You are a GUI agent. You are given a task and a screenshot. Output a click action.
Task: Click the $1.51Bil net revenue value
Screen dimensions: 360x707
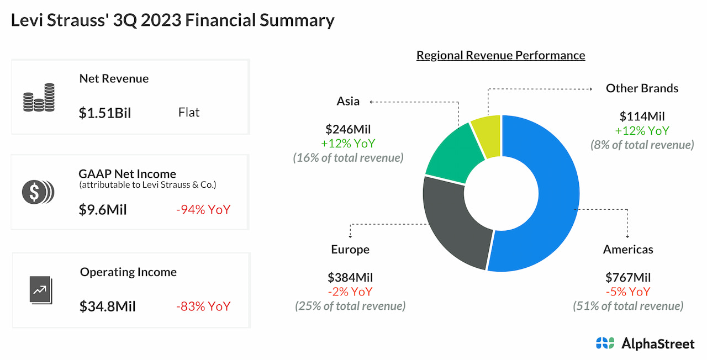[105, 113]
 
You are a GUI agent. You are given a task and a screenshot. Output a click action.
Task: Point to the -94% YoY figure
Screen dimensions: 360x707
[203, 210]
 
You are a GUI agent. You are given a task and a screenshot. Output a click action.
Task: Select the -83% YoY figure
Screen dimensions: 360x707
[203, 306]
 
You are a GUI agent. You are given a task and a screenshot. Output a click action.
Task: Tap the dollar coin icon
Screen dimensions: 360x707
[38, 192]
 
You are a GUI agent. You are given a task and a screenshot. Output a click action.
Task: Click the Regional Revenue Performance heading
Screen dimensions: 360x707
[500, 55]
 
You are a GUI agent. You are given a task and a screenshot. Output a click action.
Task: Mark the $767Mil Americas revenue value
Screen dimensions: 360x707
[628, 278]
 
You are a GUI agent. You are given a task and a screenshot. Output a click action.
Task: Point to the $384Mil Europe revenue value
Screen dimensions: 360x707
[350, 278]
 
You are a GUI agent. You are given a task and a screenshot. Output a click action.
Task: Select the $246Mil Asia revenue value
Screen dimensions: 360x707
[348, 130]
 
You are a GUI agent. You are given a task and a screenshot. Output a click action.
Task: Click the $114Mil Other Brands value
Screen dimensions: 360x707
[642, 117]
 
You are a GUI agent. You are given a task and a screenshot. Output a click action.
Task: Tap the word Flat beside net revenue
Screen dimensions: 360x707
[189, 113]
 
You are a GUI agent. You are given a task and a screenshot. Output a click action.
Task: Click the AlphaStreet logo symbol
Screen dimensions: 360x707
[605, 343]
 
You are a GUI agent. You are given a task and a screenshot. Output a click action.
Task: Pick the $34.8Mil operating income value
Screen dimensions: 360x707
[107, 306]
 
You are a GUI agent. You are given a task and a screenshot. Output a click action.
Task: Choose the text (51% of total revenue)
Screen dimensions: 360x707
[628, 305]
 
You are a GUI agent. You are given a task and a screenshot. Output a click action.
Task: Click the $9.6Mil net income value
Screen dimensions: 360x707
[103, 210]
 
